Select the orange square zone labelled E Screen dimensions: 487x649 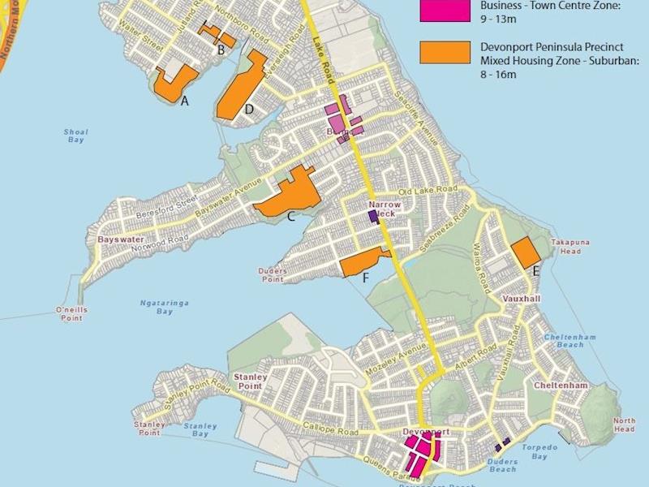coord(526,252)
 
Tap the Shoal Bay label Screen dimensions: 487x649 coord(75,136)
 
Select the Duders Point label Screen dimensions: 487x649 coord(273,275)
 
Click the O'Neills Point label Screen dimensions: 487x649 coord(70,314)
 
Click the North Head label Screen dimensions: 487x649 coord(624,425)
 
